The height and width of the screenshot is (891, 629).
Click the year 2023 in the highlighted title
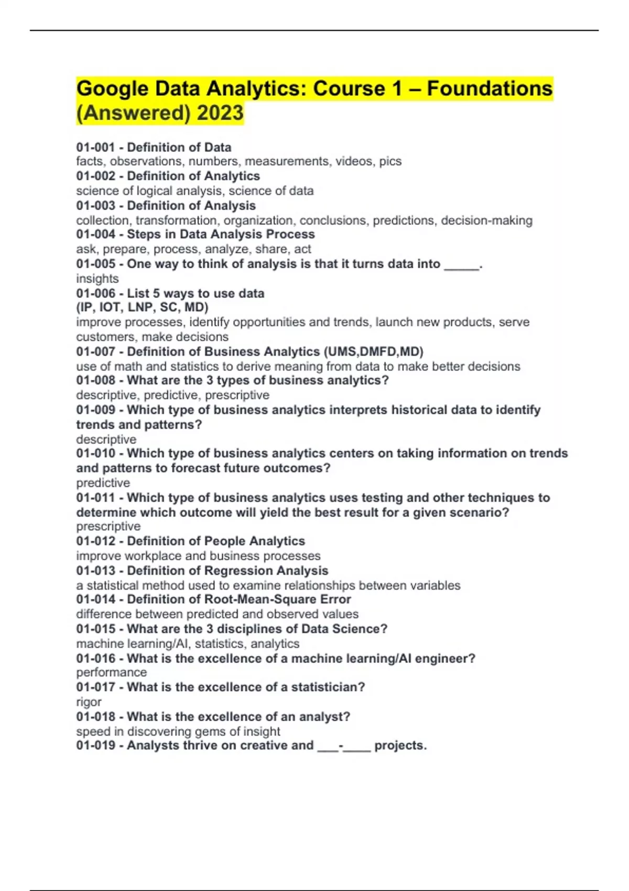[220, 113]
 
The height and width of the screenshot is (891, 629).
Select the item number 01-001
[95, 147]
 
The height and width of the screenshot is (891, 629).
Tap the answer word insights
[97, 278]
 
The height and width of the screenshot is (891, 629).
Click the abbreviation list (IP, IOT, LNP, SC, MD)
[142, 307]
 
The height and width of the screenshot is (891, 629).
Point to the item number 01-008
[95, 380]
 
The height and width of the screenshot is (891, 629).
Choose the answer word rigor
[89, 702]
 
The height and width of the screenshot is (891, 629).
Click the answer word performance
[111, 672]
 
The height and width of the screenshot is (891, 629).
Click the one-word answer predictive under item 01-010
[103, 483]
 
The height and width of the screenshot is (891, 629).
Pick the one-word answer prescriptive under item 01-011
[109, 526]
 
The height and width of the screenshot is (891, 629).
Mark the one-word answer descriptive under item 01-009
[106, 439]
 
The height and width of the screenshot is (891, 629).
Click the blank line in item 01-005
[461, 265]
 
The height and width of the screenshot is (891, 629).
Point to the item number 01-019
[95, 745]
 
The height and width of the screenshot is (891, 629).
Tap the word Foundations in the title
[490, 89]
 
